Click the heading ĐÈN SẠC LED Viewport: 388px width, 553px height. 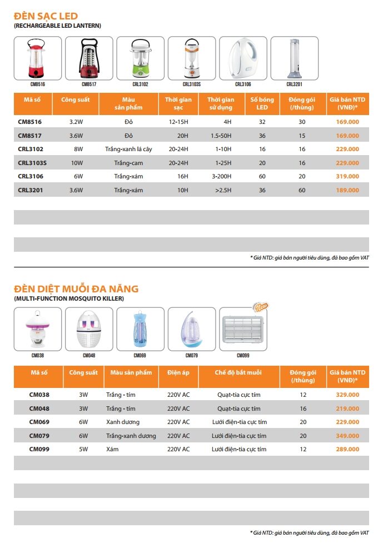pyautogui.click(x=46, y=16)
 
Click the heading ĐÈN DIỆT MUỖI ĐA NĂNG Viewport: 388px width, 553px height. pyautogui.click(x=76, y=289)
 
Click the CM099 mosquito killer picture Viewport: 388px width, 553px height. pyautogui.click(x=243, y=329)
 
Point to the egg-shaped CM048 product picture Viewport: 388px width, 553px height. pyautogui.click(x=89, y=329)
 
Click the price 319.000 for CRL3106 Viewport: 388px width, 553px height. pyautogui.click(x=347, y=176)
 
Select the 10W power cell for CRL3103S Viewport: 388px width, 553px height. pyautogui.click(x=76, y=163)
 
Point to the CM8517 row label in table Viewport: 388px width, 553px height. pyautogui.click(x=29, y=136)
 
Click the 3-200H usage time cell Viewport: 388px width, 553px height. pyautogui.click(x=221, y=176)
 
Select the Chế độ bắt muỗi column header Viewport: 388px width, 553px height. pyautogui.click(x=238, y=372)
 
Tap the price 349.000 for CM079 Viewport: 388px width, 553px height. pyautogui.click(x=347, y=436)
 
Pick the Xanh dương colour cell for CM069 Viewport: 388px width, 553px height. pyautogui.click(x=123, y=422)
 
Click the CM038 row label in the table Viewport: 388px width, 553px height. pyautogui.click(x=39, y=395)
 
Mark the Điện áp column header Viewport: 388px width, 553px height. pyautogui.click(x=178, y=372)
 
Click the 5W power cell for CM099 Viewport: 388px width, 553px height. pyautogui.click(x=83, y=449)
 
